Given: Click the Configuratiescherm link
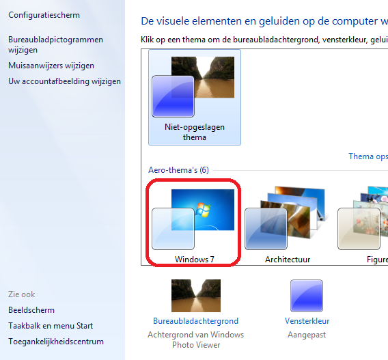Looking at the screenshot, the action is click(x=44, y=15).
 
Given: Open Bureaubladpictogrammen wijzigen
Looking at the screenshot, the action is click(x=55, y=45).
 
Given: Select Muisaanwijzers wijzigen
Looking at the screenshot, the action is click(x=51, y=66).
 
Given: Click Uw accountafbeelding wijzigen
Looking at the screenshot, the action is click(x=64, y=81).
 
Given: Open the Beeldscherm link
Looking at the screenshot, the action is click(x=31, y=310).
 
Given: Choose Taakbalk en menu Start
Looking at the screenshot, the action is click(x=51, y=326).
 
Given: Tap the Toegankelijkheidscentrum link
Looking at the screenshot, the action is click(x=56, y=342).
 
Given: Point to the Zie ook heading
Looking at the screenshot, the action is click(x=22, y=294).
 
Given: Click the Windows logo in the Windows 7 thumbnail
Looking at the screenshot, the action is click(x=203, y=210).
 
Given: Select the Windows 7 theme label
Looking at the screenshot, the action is click(x=194, y=260).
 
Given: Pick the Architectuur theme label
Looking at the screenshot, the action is click(x=288, y=260).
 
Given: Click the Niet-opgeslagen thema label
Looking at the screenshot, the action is click(x=195, y=132).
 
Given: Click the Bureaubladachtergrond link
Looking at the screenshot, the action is click(x=196, y=321).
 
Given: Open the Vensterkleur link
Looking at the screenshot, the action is click(x=307, y=321).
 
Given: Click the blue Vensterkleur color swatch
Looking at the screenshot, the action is click(x=307, y=296).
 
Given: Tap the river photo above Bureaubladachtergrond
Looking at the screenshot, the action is click(x=196, y=296).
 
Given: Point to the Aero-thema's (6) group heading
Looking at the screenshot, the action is click(x=178, y=170).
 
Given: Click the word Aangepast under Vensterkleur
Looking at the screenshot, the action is click(x=307, y=335).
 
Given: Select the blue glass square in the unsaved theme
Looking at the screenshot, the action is click(x=173, y=96).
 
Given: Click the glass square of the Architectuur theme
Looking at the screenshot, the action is click(x=266, y=229).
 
